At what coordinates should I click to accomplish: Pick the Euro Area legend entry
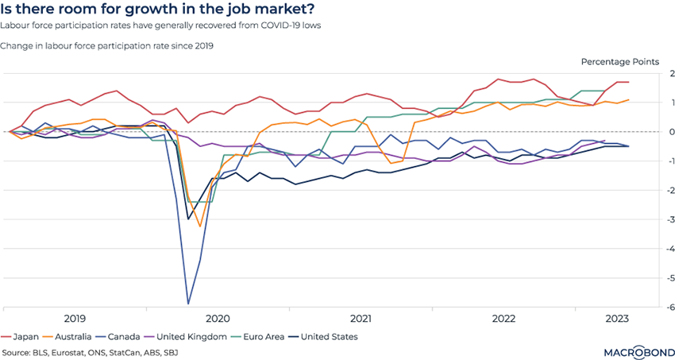280,336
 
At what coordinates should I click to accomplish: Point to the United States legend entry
345,336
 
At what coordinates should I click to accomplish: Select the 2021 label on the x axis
361,318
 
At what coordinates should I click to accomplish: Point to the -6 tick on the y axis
669,308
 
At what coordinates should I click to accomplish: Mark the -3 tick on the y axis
669,220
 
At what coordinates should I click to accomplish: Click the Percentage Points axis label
619,61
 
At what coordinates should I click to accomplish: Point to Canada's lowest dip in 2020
188,304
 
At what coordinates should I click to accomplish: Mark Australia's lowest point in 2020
200,226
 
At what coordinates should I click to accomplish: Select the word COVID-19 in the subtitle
269,25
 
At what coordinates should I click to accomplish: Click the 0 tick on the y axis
671,132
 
